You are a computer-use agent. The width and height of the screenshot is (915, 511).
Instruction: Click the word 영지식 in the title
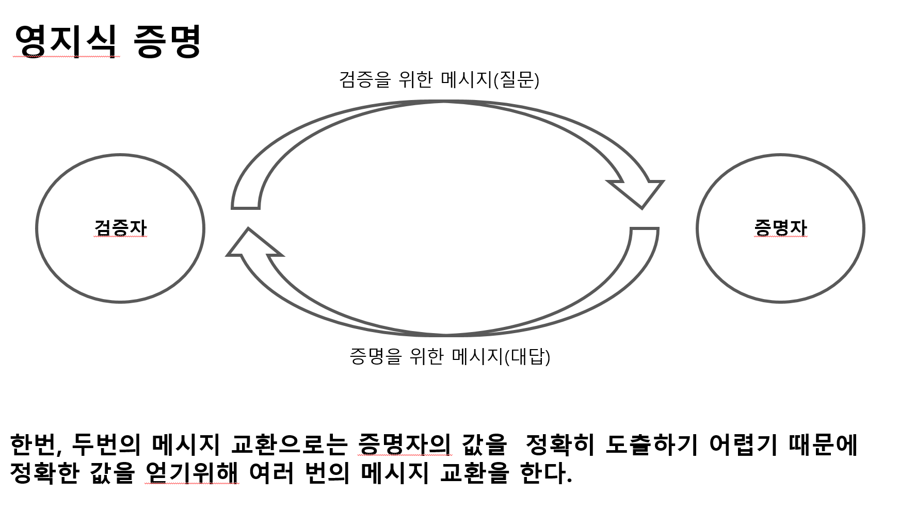click(66, 41)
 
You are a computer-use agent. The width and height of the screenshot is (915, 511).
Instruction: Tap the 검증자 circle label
click(120, 227)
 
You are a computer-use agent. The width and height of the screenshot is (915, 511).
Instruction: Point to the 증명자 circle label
click(780, 227)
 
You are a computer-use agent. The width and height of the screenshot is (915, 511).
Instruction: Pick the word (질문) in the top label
click(516, 79)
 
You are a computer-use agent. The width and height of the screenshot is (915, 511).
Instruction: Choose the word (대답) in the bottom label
click(527, 356)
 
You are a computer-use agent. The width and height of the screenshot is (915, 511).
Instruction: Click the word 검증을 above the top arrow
click(365, 79)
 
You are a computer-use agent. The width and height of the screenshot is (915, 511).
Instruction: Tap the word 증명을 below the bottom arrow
click(375, 356)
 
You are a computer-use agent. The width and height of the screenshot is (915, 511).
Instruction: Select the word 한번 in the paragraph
click(33, 444)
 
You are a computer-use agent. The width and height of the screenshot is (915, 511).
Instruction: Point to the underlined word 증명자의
click(404, 444)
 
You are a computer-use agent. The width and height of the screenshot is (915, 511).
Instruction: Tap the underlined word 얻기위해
click(192, 472)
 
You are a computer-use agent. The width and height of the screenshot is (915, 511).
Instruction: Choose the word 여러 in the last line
click(271, 472)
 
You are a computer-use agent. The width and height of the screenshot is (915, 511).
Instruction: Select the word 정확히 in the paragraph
click(560, 444)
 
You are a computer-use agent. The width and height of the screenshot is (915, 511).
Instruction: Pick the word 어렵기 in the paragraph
click(743, 444)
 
